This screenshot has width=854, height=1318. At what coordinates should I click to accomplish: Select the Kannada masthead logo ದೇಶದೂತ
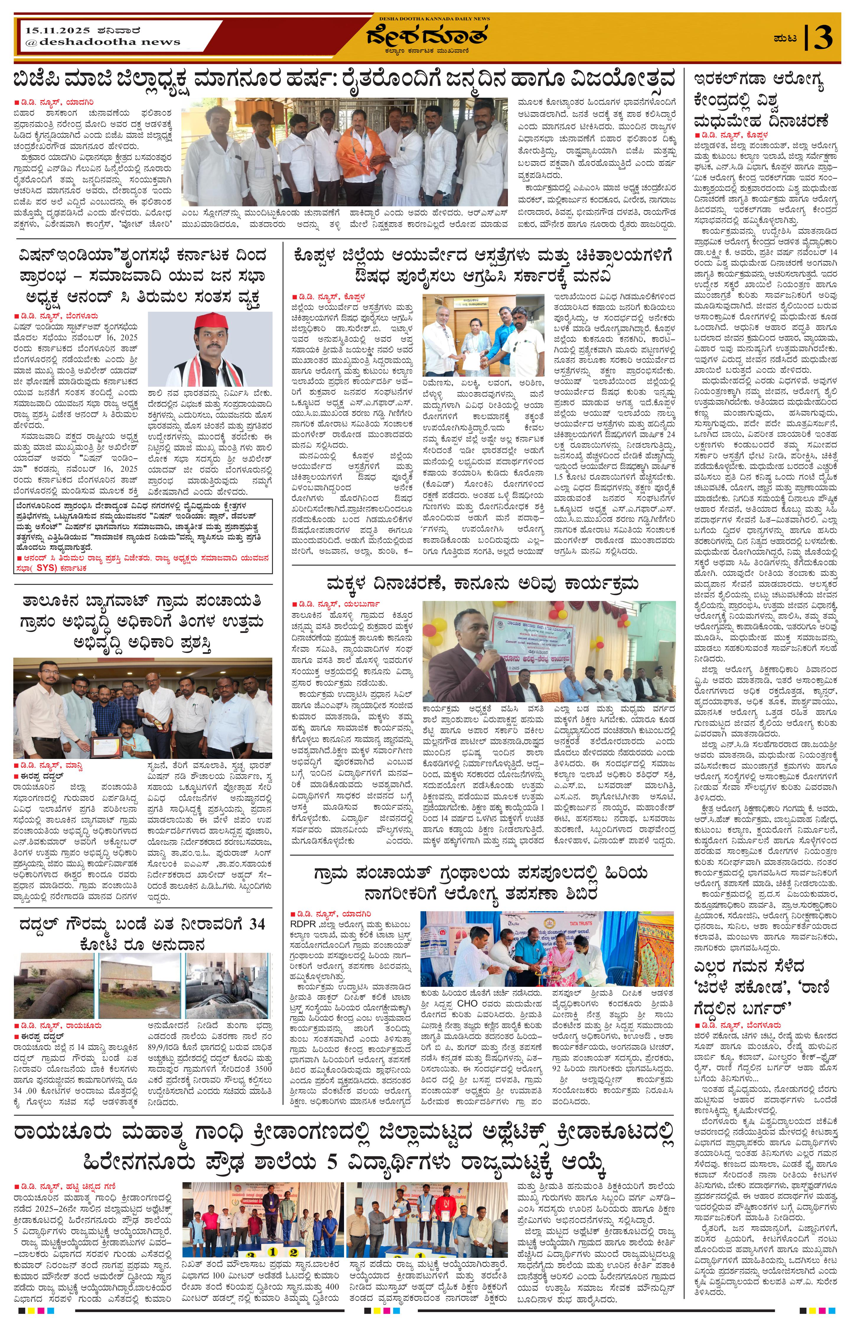point(426,37)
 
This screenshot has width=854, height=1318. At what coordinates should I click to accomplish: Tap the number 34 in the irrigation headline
point(255,924)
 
